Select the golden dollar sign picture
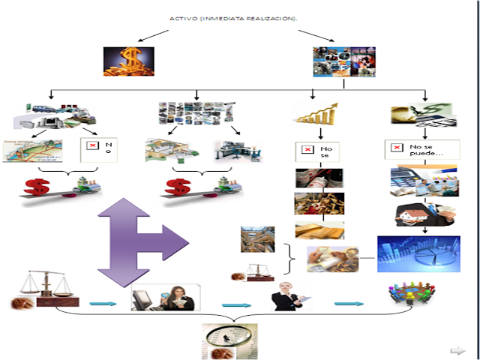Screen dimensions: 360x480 (x=128, y=61)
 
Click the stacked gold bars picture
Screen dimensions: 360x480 (x=319, y=229)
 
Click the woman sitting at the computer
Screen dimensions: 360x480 (x=164, y=298)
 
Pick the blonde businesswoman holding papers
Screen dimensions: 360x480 (x=289, y=297)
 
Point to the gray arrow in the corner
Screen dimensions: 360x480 (x=457, y=350)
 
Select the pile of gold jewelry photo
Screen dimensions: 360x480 (x=319, y=203)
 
